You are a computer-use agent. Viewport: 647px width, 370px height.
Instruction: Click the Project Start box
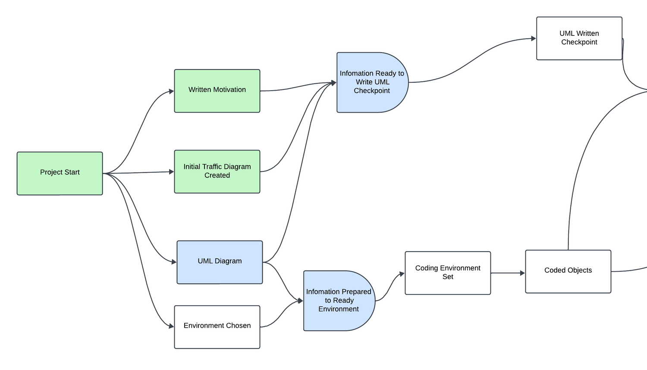tap(60, 173)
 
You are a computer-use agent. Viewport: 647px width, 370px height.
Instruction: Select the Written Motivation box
tap(217, 91)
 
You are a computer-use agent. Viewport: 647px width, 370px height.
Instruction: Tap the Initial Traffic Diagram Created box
tap(217, 171)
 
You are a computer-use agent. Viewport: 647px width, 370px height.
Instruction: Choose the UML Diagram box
tap(220, 262)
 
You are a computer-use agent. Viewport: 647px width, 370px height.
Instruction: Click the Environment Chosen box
tap(217, 327)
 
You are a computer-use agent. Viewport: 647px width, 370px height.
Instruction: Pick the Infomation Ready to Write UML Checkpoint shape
tap(372, 82)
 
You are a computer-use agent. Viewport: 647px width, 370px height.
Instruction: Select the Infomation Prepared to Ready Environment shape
tap(339, 300)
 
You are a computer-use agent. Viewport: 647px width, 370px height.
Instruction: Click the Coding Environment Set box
tap(448, 273)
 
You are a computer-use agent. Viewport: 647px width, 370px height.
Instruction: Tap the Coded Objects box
tap(568, 271)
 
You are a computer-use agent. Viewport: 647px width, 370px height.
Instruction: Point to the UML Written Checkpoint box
tap(579, 38)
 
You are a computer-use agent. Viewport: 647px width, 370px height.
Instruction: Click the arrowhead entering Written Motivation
tap(171, 91)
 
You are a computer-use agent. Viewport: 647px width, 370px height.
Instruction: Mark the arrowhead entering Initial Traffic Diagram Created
tap(171, 171)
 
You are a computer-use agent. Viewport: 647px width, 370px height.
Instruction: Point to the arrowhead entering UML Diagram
tap(174, 262)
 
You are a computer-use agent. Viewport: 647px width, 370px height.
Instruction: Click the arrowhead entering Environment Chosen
tap(171, 326)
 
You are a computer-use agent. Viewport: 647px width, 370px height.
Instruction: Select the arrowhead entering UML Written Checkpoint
tap(534, 38)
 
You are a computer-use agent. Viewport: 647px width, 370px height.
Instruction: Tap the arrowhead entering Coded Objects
tap(522, 273)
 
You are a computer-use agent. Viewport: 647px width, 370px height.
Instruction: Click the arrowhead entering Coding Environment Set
tap(402, 274)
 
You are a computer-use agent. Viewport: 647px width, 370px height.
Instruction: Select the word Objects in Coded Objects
tap(580, 270)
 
